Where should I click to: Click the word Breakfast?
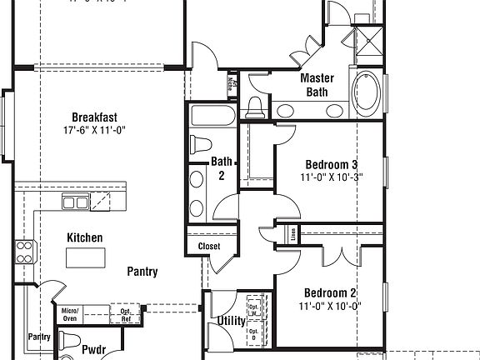(x=92, y=117)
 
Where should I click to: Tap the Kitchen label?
(x=85, y=238)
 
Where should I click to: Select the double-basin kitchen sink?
(x=76, y=202)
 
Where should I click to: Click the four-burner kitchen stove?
(x=25, y=251)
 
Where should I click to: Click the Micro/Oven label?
(x=69, y=314)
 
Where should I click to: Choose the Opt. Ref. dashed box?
(x=125, y=314)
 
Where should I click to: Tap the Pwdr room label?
(x=92, y=350)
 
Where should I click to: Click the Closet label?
(x=209, y=247)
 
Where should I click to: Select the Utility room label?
(x=231, y=320)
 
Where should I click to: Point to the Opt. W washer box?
(x=254, y=306)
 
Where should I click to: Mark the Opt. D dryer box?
(x=254, y=333)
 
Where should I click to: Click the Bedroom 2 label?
(x=330, y=292)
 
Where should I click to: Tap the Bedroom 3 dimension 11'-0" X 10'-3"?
(x=331, y=177)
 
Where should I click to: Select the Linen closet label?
(x=292, y=234)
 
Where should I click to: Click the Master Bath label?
(x=317, y=84)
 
